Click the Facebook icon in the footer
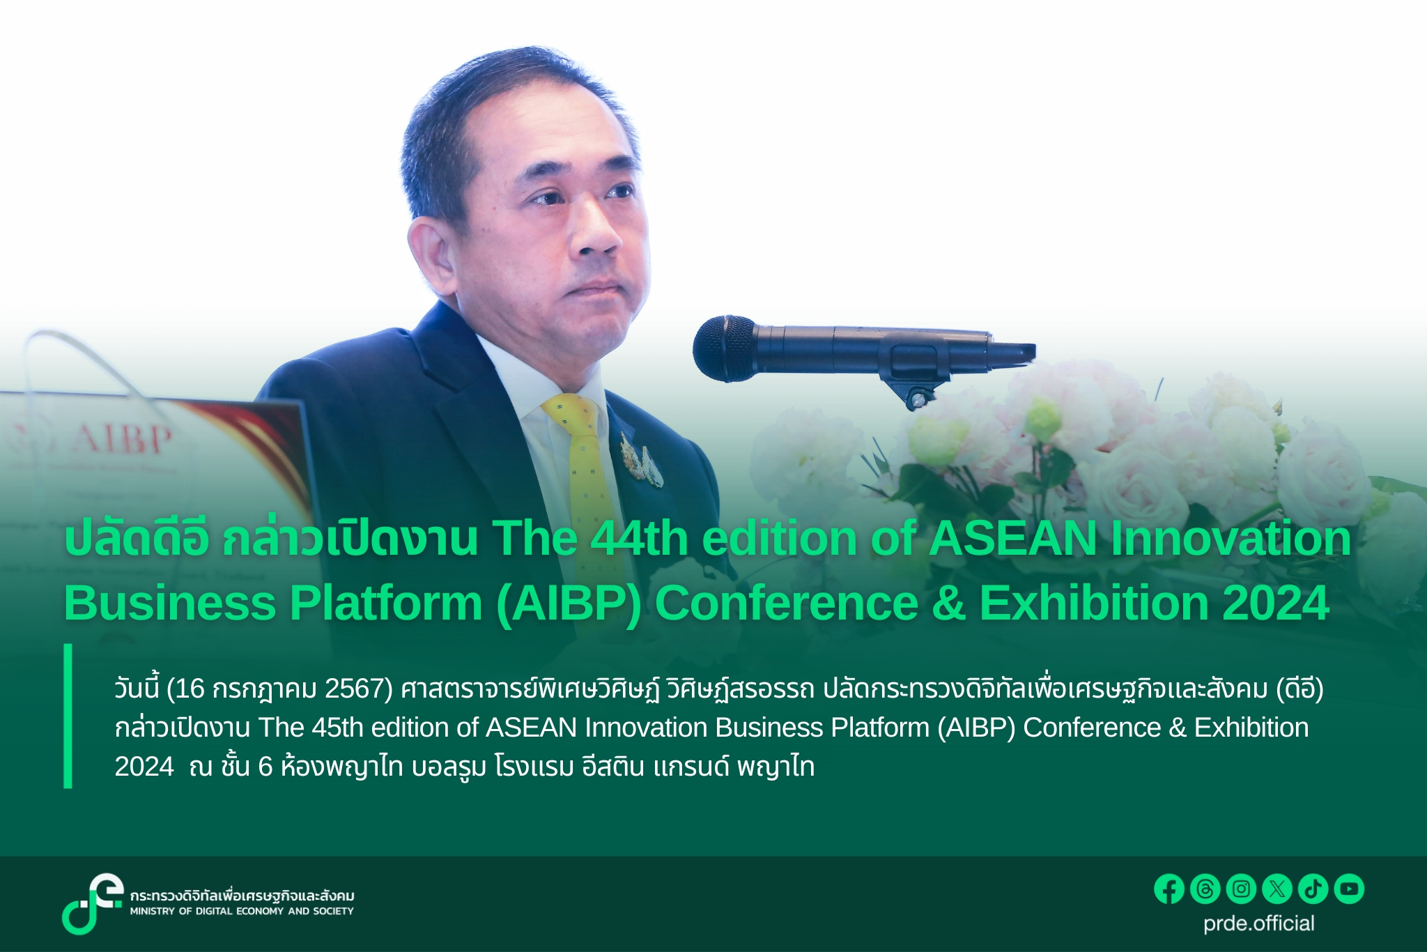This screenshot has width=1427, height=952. tap(1169, 889)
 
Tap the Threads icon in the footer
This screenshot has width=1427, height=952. tap(1205, 889)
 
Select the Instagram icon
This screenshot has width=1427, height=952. tap(1241, 889)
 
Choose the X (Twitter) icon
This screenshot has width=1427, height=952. tap(1277, 889)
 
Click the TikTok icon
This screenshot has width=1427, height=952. tap(1313, 889)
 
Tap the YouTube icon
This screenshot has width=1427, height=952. tap(1349, 889)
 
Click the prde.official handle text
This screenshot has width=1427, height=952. tap(1259, 923)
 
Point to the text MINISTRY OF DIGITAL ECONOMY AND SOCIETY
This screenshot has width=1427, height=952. tap(242, 911)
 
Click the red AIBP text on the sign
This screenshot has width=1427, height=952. tap(123, 438)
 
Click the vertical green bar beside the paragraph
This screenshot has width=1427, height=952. tap(68, 716)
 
